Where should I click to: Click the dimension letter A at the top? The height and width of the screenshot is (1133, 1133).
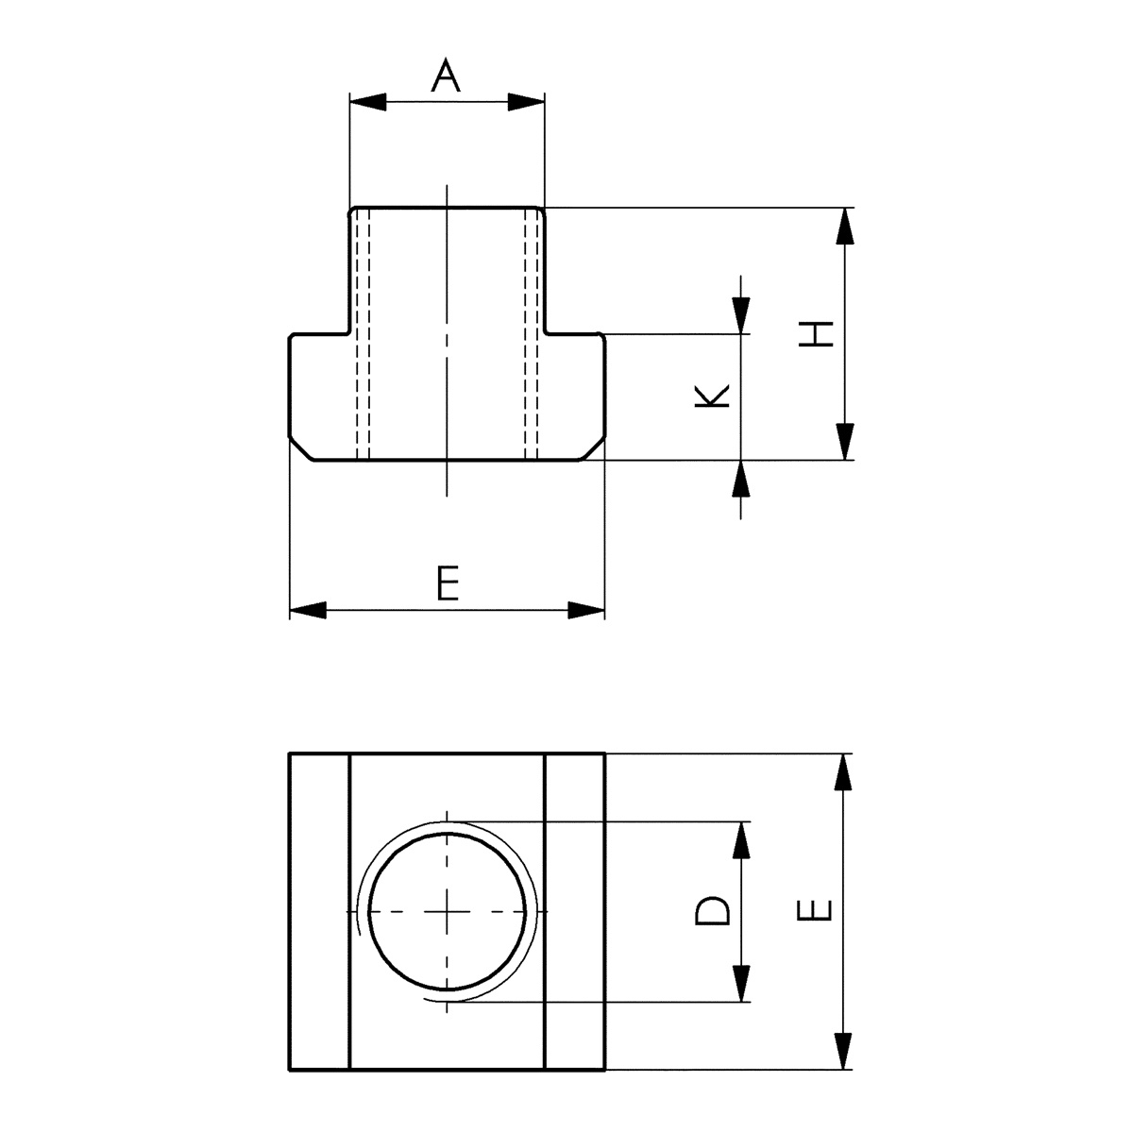447,76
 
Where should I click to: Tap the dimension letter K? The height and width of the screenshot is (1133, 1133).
713,397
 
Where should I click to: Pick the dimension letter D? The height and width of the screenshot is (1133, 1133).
713,911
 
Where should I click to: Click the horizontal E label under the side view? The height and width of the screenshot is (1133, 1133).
448,584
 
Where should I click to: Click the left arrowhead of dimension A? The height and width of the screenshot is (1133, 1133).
368,102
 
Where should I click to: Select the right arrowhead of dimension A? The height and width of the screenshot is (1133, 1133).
527,102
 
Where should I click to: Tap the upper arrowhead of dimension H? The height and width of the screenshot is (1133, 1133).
844,227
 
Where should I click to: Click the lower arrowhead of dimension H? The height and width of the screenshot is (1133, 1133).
844,442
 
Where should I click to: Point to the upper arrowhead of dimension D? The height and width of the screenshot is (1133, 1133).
742,840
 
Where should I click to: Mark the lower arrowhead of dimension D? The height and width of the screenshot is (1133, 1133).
742,983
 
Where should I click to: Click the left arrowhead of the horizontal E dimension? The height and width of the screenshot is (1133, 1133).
308,611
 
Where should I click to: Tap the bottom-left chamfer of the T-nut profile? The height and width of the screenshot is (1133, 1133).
301,449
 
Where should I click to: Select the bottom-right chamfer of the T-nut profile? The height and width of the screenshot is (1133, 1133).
592,449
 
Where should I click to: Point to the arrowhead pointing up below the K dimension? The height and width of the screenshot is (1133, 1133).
742,480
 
